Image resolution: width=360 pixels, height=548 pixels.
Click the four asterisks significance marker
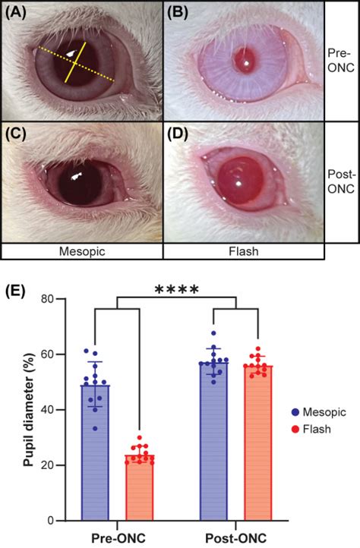[176, 290]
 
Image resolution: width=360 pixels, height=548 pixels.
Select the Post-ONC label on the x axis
[236, 537]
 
